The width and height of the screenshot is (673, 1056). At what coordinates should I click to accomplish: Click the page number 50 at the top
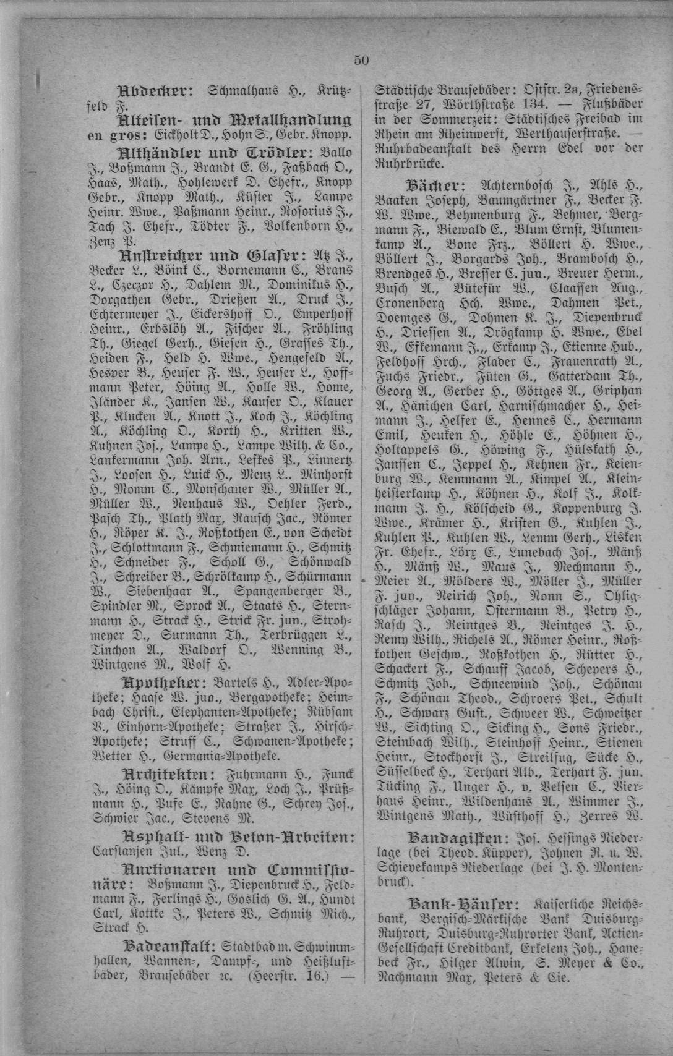click(361, 59)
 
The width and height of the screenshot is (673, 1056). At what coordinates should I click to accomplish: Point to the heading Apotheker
click(163, 683)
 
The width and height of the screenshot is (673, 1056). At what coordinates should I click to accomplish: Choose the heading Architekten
click(168, 774)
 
